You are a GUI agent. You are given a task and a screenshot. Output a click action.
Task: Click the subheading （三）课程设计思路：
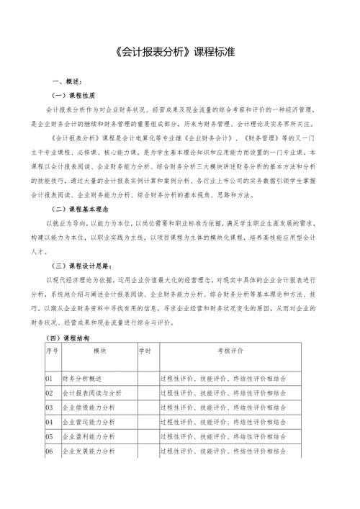pyautogui.click(x=81, y=265)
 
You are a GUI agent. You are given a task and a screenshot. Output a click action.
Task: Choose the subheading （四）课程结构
pyautogui.click(x=67, y=337)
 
